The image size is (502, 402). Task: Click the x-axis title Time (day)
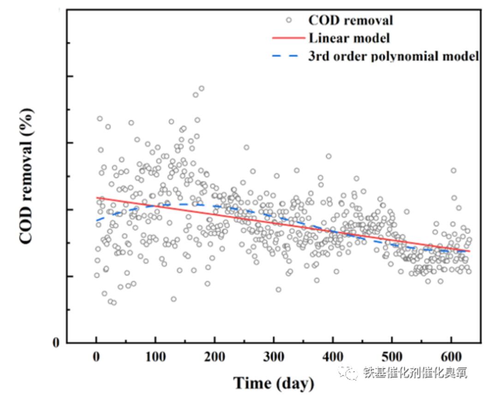[274, 383]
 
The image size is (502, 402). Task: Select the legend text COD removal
[351, 20]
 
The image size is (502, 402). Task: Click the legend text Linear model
[349, 38]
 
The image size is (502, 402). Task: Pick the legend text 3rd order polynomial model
[394, 56]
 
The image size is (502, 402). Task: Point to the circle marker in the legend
[289, 20]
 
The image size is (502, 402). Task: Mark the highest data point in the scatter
[201, 88]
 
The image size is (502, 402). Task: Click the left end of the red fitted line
[96, 197]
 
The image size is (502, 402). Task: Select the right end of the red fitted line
[469, 251]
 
